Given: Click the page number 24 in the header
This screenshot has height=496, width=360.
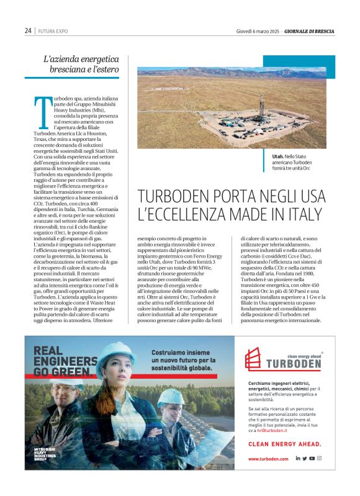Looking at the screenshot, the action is click(x=28, y=30).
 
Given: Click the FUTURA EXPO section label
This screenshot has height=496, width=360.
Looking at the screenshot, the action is click(x=53, y=30).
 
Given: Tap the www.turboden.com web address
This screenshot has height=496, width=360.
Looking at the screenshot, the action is click(x=268, y=459).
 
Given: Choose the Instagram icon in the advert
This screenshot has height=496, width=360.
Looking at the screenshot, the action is click(x=319, y=458).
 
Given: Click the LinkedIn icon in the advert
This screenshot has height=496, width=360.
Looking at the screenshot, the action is click(x=297, y=458).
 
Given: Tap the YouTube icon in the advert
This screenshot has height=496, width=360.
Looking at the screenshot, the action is click(x=312, y=458).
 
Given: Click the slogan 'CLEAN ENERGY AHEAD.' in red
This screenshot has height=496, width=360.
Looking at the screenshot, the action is click(x=284, y=444).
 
